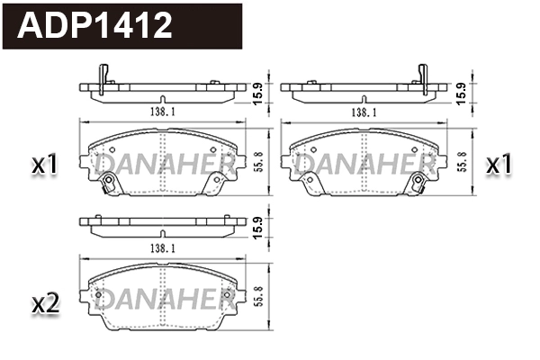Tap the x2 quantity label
[x=45, y=304]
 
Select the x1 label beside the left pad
[x=45, y=165]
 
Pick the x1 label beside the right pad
[x=499, y=165]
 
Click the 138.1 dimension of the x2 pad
[x=162, y=246]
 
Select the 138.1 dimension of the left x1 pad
[x=162, y=112]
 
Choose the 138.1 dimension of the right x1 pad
[x=363, y=112]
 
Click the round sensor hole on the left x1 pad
[x=109, y=186]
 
